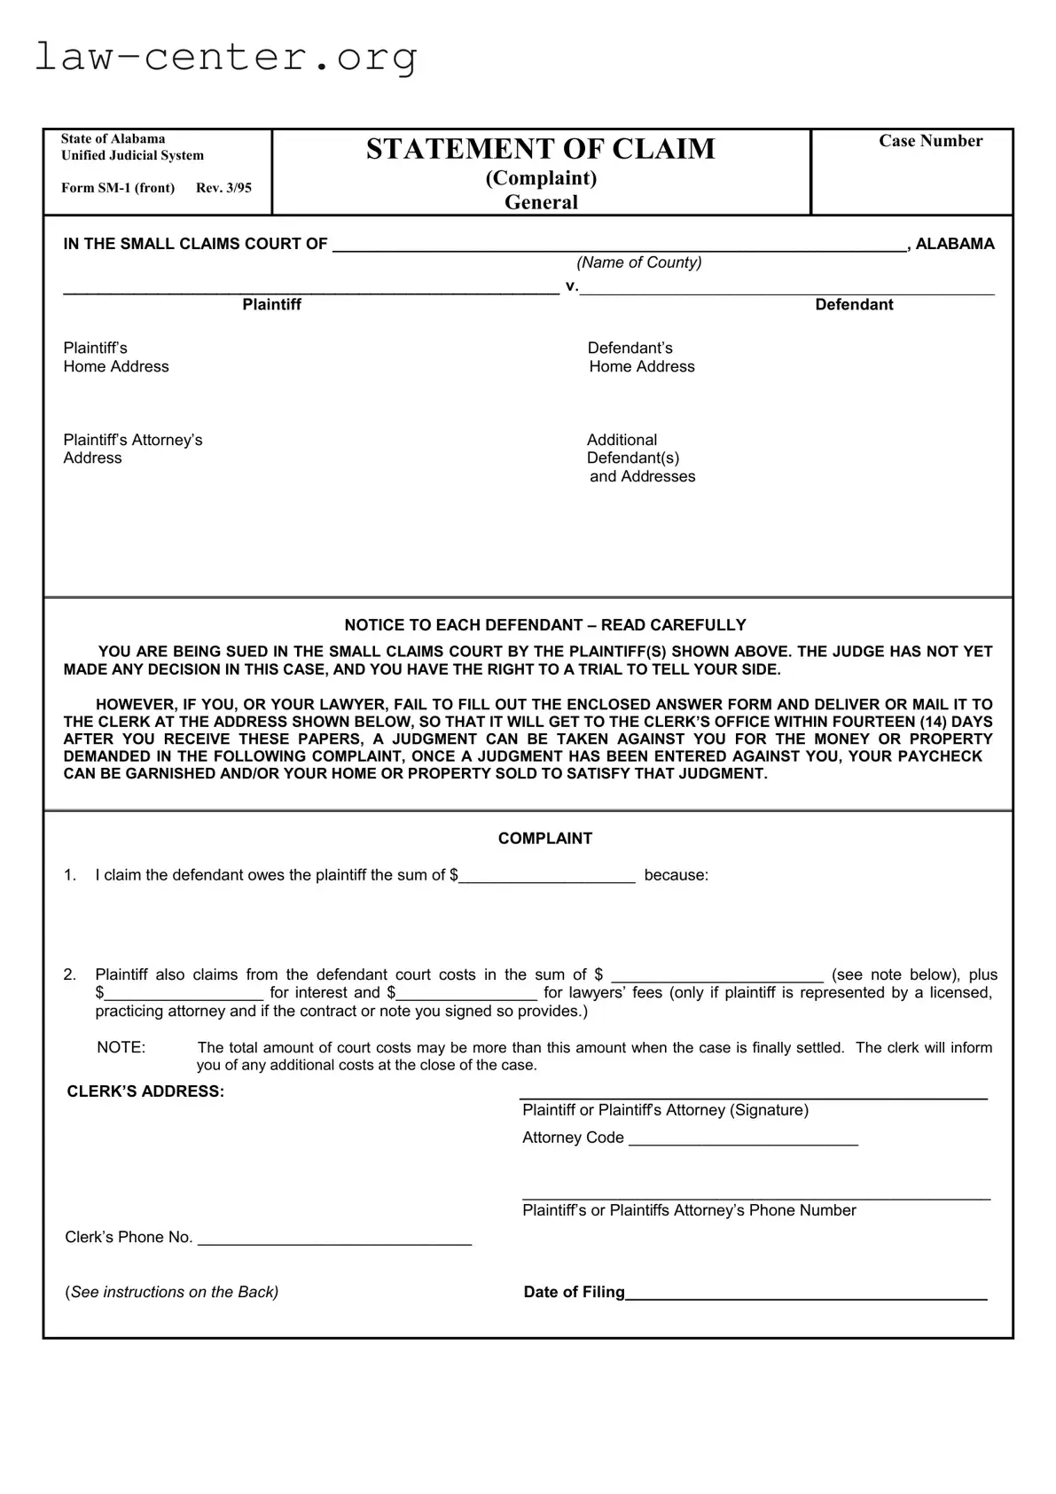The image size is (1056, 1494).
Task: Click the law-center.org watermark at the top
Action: (x=226, y=58)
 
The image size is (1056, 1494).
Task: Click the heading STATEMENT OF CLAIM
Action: (x=540, y=149)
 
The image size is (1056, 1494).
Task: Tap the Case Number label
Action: (x=930, y=141)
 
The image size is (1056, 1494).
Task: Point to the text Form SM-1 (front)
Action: (x=118, y=188)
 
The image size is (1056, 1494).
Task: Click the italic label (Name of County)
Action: (x=638, y=262)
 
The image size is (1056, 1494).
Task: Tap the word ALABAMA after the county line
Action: (x=954, y=244)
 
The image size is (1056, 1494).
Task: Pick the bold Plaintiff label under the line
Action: (x=272, y=305)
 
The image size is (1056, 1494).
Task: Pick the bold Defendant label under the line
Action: (x=854, y=305)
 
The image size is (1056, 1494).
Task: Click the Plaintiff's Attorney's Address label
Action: (x=133, y=449)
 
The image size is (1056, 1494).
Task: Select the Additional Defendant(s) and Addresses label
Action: (x=640, y=458)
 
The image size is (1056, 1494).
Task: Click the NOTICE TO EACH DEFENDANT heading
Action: (x=544, y=625)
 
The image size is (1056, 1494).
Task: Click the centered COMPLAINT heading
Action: (x=544, y=839)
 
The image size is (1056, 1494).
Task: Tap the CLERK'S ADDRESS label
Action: (x=145, y=1091)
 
